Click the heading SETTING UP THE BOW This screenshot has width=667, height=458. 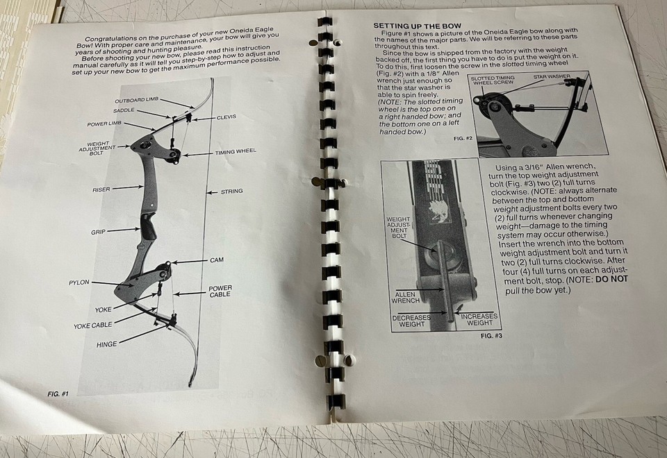click(x=412, y=26)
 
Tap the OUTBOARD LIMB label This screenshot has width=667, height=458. click(x=137, y=100)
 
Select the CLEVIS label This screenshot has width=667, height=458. click(x=226, y=117)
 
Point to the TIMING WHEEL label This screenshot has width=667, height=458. click(x=236, y=151)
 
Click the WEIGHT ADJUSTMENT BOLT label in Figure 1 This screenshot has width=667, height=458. click(x=93, y=149)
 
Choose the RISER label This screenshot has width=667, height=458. click(x=101, y=189)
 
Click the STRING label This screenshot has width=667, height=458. click(x=231, y=192)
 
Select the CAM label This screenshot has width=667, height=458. click(x=217, y=260)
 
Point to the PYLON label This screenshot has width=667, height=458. click(x=79, y=283)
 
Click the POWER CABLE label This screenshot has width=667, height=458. click(x=220, y=292)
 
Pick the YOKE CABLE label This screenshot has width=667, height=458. click(x=93, y=325)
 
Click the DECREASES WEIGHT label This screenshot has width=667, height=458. click(x=411, y=320)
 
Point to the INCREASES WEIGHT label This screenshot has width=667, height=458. click(x=479, y=320)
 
